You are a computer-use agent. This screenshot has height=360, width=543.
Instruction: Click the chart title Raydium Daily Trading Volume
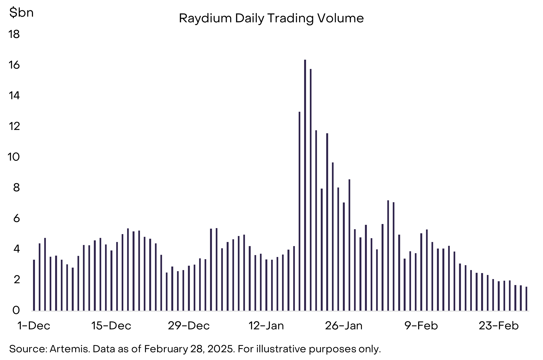[x=271, y=19]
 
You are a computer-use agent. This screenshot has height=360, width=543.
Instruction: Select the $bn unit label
[x=21, y=13]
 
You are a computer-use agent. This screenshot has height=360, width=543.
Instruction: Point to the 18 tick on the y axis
[x=14, y=35]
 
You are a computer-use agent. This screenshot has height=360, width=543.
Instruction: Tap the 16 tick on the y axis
[x=14, y=65]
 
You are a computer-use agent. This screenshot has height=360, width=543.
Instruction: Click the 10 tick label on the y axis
[x=14, y=157]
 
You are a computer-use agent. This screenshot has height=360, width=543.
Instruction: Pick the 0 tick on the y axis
[x=16, y=310]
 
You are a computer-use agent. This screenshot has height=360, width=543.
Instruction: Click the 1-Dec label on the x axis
[x=34, y=326]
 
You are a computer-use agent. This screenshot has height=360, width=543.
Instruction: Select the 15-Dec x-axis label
[x=111, y=326]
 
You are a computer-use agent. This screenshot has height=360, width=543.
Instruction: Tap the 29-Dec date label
[x=189, y=326]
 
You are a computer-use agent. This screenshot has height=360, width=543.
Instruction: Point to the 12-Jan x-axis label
[x=266, y=326]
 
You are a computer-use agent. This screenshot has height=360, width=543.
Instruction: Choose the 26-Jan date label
[x=344, y=326]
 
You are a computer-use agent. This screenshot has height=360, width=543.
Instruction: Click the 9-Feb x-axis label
[x=421, y=326]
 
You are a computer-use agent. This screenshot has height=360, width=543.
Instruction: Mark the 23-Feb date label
[x=499, y=326]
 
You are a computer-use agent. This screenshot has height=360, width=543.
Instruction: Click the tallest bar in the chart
[x=305, y=185]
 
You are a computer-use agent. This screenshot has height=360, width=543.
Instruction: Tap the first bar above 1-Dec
[x=34, y=285]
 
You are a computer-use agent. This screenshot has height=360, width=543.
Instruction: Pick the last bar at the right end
[x=526, y=299]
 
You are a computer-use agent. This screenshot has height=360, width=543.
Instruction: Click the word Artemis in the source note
[x=70, y=349]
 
